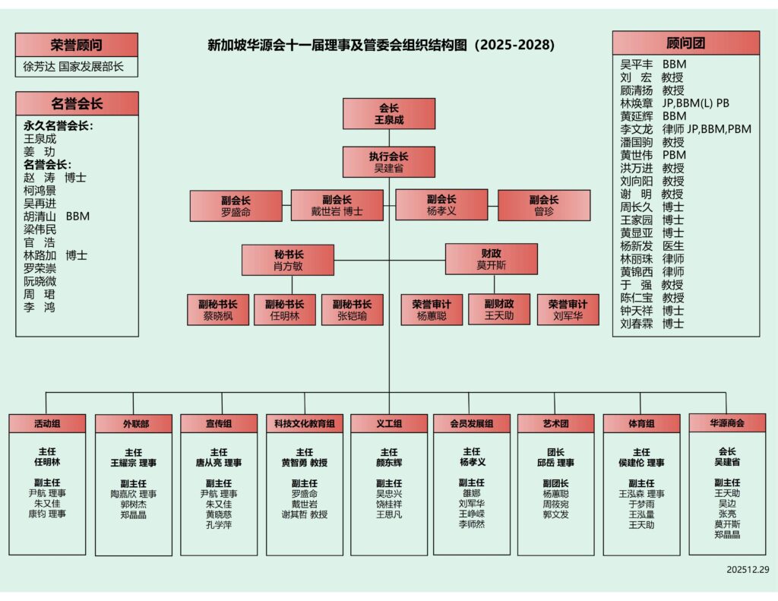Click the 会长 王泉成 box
coord(388,113)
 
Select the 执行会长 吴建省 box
coord(388,162)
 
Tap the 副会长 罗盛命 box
coord(236,205)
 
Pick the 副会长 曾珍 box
coord(543,205)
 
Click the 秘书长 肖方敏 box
coord(288,259)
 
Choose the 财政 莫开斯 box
coord(491,259)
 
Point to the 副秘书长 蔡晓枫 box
coord(217,310)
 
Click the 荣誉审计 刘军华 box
coord(568,310)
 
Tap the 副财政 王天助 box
coord(499,309)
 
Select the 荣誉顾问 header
coord(76,45)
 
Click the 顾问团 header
coord(685,43)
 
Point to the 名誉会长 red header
coord(77,103)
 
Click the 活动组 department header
coord(47,423)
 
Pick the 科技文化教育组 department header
coord(304,423)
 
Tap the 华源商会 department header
coord(727,422)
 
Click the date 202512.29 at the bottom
coord(748,569)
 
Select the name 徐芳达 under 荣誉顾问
coord(39,67)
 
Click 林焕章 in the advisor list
coord(636,103)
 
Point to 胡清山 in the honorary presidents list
coord(40,216)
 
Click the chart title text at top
coord(381,46)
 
